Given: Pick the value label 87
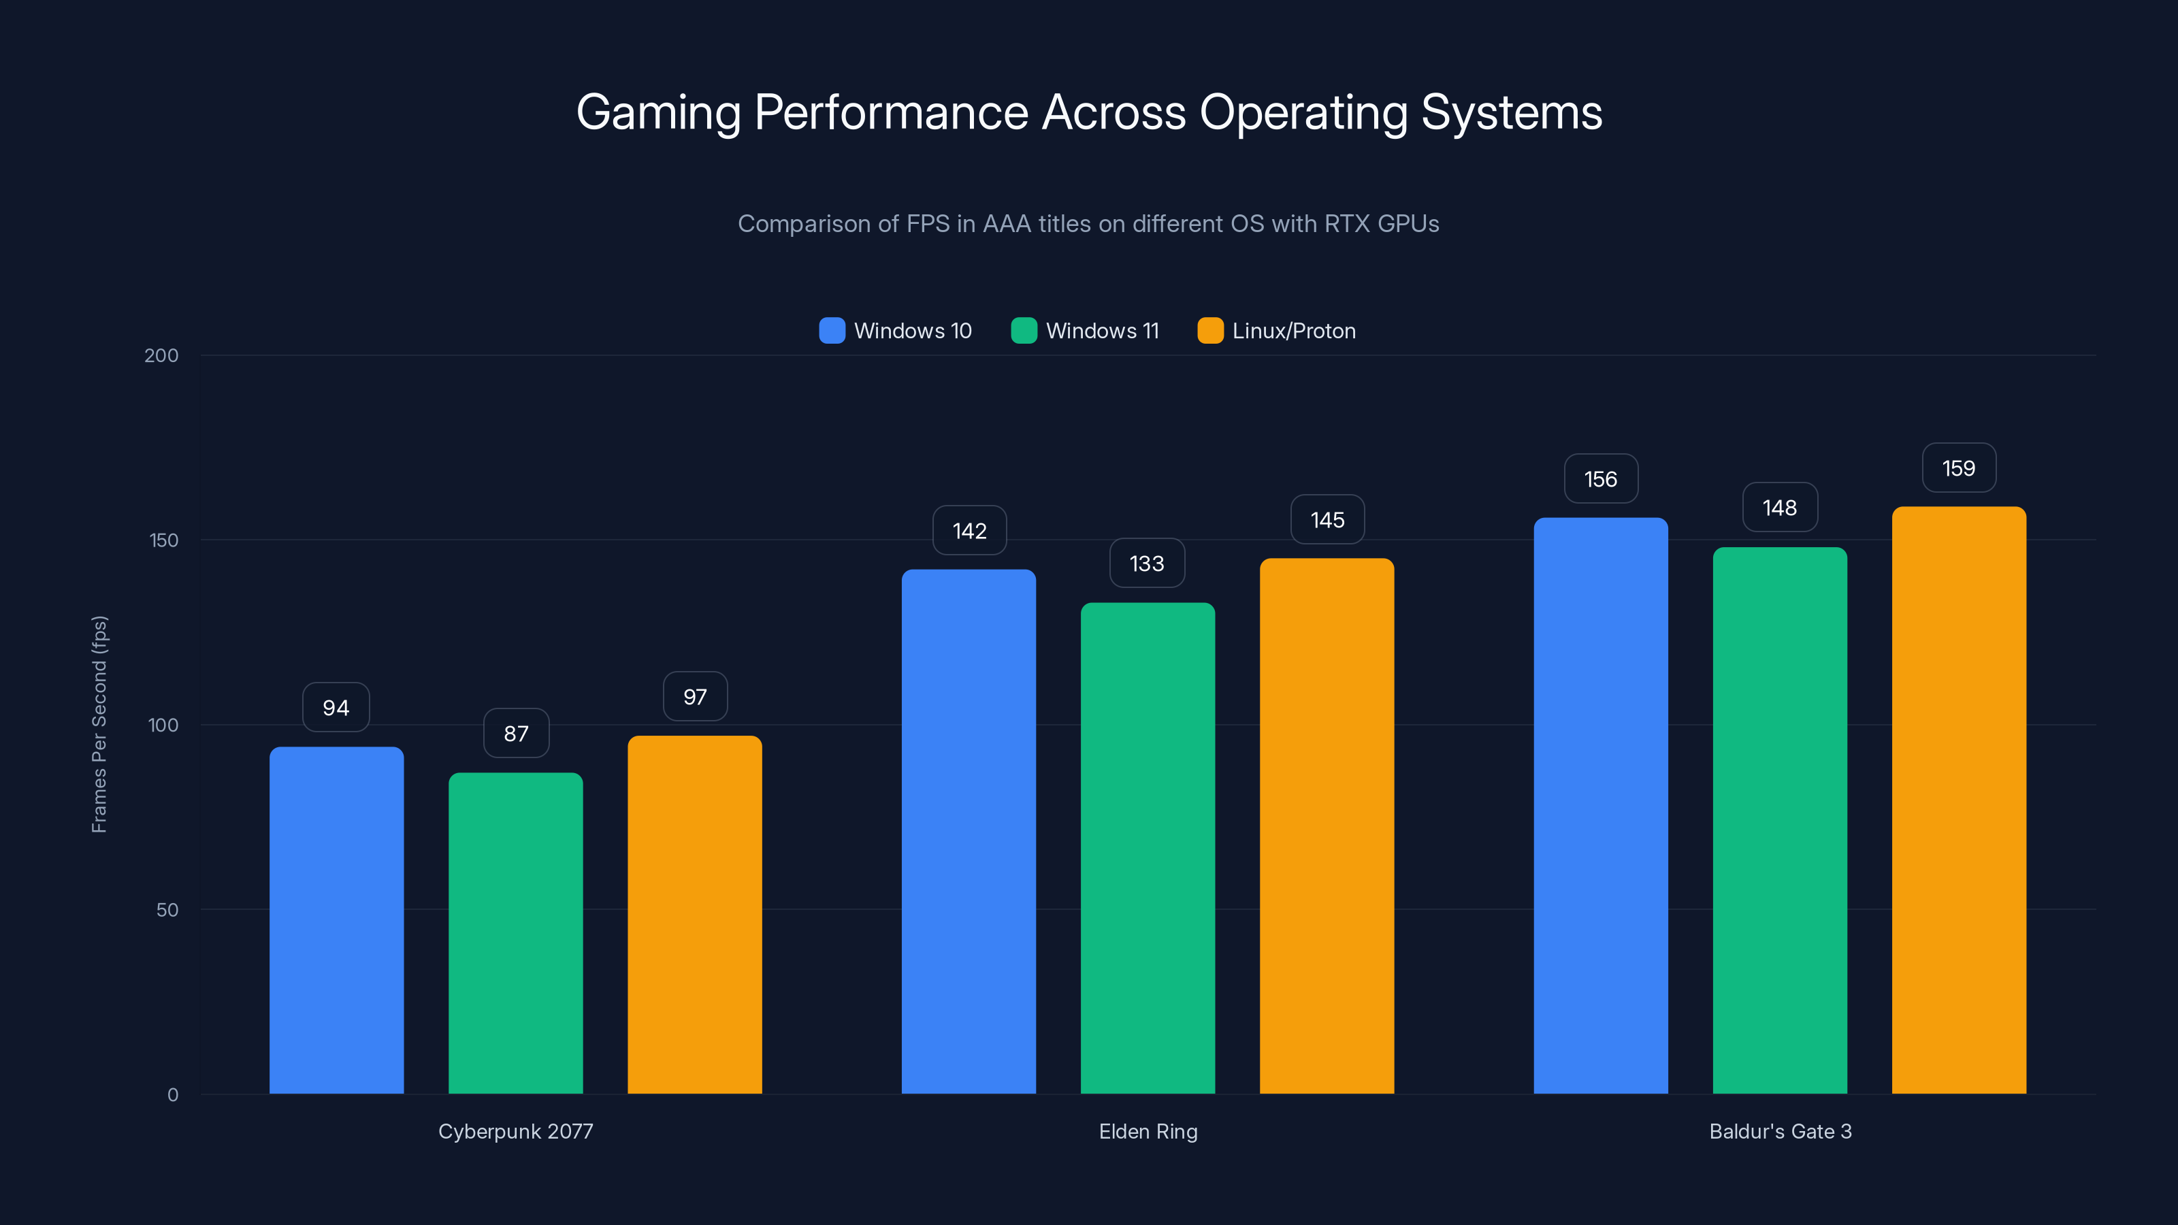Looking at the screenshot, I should coord(516,733).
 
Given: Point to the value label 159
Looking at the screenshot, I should coord(1958,468).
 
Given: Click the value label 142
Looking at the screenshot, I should coord(969,530).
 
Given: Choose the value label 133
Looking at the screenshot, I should coord(1146,563).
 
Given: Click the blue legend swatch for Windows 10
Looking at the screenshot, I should coord(832,331).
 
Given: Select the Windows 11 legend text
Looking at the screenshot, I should coord(1102,331).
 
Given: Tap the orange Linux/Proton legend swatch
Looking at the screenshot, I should coord(1210,331).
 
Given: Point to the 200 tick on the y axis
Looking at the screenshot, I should coord(161,355).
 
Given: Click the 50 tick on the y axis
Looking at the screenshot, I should coord(167,910).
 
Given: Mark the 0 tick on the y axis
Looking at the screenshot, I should coord(172,1095).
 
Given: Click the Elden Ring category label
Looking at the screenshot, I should coord(1148,1131).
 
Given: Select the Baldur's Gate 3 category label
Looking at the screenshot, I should coord(1780,1131).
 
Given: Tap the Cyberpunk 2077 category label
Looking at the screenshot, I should coord(516,1131).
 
